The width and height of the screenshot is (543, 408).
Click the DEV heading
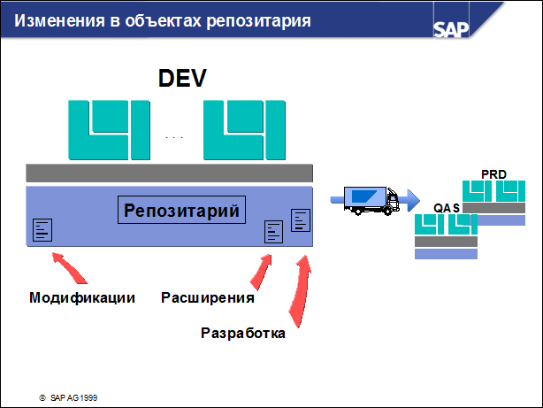[x=182, y=78]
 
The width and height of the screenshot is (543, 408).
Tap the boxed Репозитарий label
[x=182, y=210]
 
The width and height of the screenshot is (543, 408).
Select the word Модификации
[x=82, y=297]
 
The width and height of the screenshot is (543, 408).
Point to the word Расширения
[x=208, y=297]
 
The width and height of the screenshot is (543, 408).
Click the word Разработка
[x=244, y=334]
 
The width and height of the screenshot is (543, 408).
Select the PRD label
[x=493, y=173]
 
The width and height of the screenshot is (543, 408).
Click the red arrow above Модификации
[x=65, y=266]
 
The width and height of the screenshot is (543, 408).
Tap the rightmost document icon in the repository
[x=301, y=219]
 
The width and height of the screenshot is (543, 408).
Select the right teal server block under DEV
[x=244, y=129]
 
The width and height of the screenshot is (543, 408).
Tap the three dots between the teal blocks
[x=174, y=138]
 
